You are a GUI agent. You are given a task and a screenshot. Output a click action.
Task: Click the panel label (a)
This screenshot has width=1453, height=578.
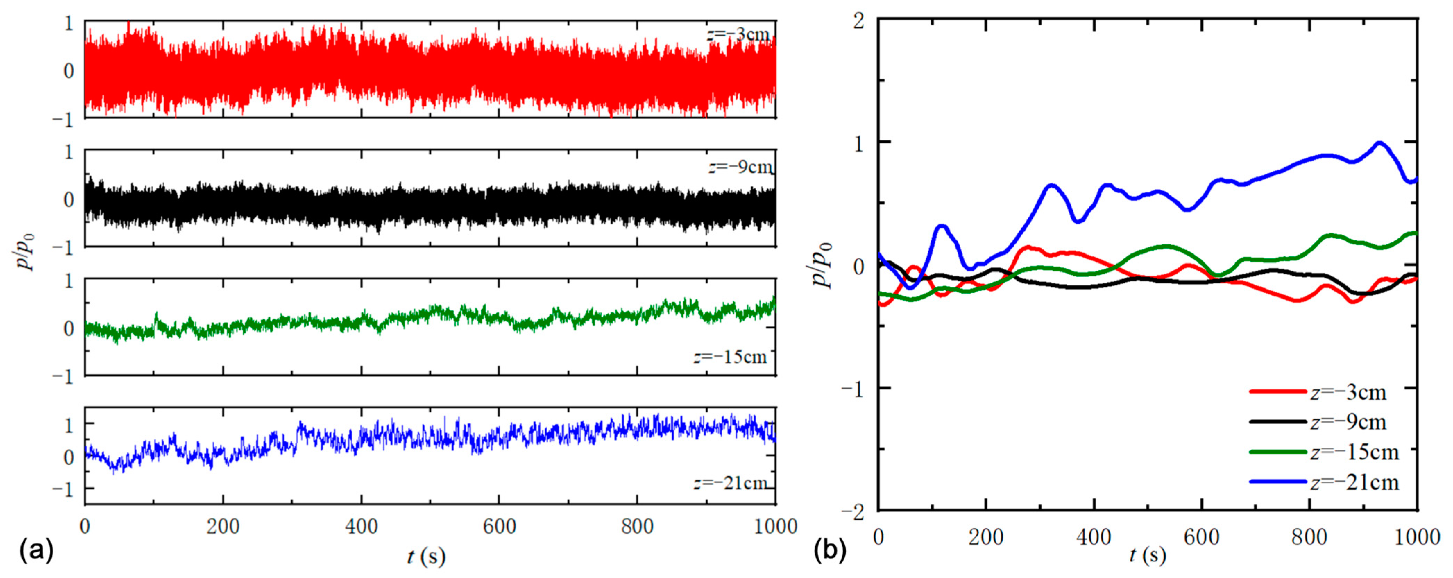point(37,551)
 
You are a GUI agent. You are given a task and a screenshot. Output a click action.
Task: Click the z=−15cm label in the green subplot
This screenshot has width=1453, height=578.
point(730,357)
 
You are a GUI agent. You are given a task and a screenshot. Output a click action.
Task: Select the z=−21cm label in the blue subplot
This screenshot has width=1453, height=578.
point(730,484)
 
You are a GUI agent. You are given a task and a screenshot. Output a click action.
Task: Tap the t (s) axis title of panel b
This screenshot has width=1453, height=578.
point(1147,555)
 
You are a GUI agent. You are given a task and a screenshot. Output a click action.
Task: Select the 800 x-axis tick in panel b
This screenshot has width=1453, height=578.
point(1310,537)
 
